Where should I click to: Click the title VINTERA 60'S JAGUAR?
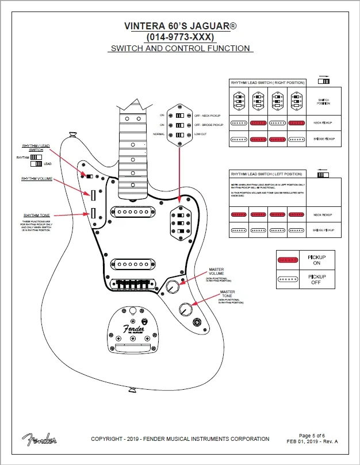[x=180, y=26]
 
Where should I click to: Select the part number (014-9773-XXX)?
[x=180, y=37]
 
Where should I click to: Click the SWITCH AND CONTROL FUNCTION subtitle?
[x=180, y=48]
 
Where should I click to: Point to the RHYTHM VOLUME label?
[x=37, y=179]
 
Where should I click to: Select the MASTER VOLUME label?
[x=216, y=271]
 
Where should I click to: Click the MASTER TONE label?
[x=227, y=294]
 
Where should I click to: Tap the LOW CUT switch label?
[x=201, y=134]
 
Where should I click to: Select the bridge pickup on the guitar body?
[x=136, y=264]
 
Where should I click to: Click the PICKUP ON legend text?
[x=317, y=260]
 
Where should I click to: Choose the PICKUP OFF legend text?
[x=317, y=279]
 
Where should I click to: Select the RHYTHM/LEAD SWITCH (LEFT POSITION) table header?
[x=266, y=174]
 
